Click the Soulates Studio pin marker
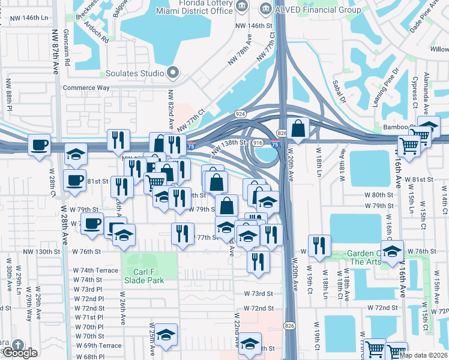click(x=173, y=73)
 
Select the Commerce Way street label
click(x=86, y=88)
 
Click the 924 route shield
click(x=240, y=113)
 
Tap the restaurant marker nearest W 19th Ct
click(x=319, y=245)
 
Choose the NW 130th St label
click(x=43, y=251)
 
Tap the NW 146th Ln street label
click(x=29, y=19)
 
